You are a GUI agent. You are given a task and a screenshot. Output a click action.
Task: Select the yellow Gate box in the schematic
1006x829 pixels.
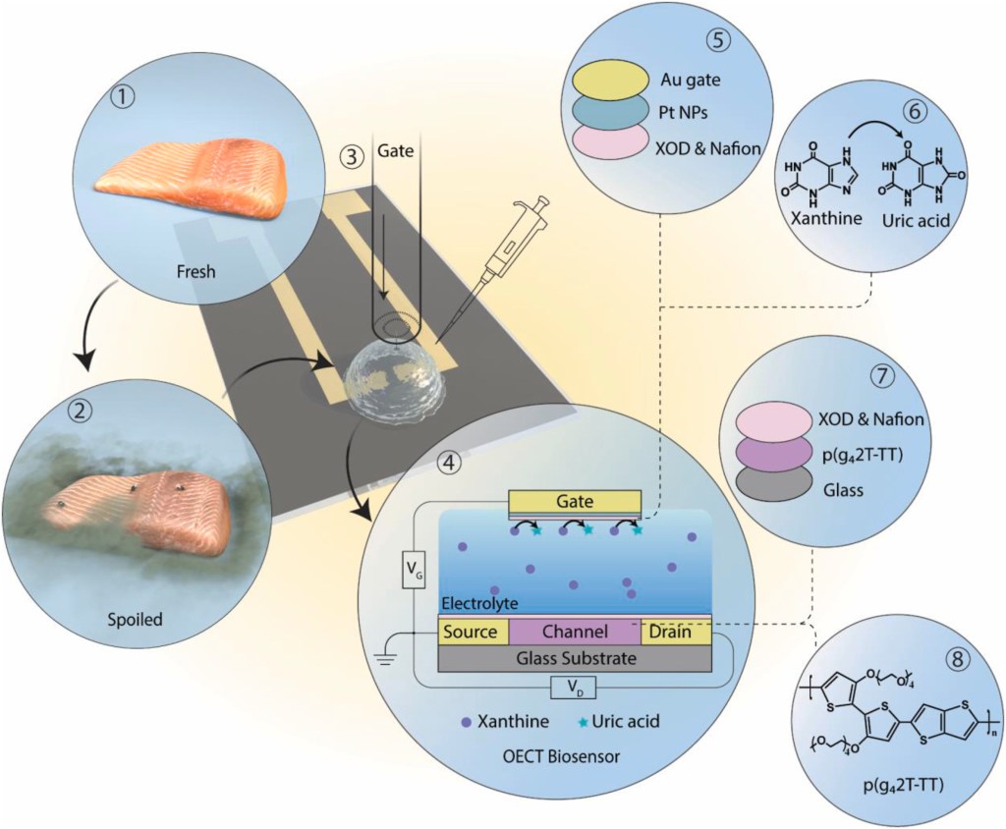[575, 502]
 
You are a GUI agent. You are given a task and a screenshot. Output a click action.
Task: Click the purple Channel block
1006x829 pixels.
[575, 632]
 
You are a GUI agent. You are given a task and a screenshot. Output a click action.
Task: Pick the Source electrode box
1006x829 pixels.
[473, 632]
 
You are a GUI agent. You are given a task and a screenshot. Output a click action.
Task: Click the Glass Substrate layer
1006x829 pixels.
[575, 658]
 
